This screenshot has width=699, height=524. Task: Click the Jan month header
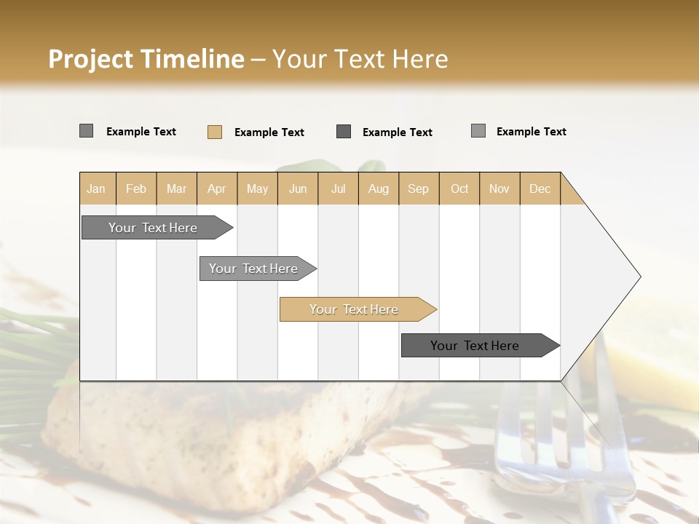[96, 188]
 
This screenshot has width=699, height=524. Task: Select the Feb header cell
[136, 188]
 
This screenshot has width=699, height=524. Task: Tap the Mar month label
[176, 188]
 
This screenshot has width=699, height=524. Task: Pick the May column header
[257, 188]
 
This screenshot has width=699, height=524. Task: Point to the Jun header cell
[298, 188]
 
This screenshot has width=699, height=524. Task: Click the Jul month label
[339, 188]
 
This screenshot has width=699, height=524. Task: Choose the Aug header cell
[379, 188]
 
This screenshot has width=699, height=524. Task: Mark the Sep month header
[419, 188]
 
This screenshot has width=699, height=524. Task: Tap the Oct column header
[459, 188]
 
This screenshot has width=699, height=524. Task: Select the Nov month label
[499, 188]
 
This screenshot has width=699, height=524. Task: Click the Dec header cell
[540, 188]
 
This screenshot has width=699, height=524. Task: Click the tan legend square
[215, 132]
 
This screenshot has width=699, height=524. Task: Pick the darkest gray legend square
[344, 131]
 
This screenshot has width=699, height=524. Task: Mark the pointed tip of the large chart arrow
[639, 277]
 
